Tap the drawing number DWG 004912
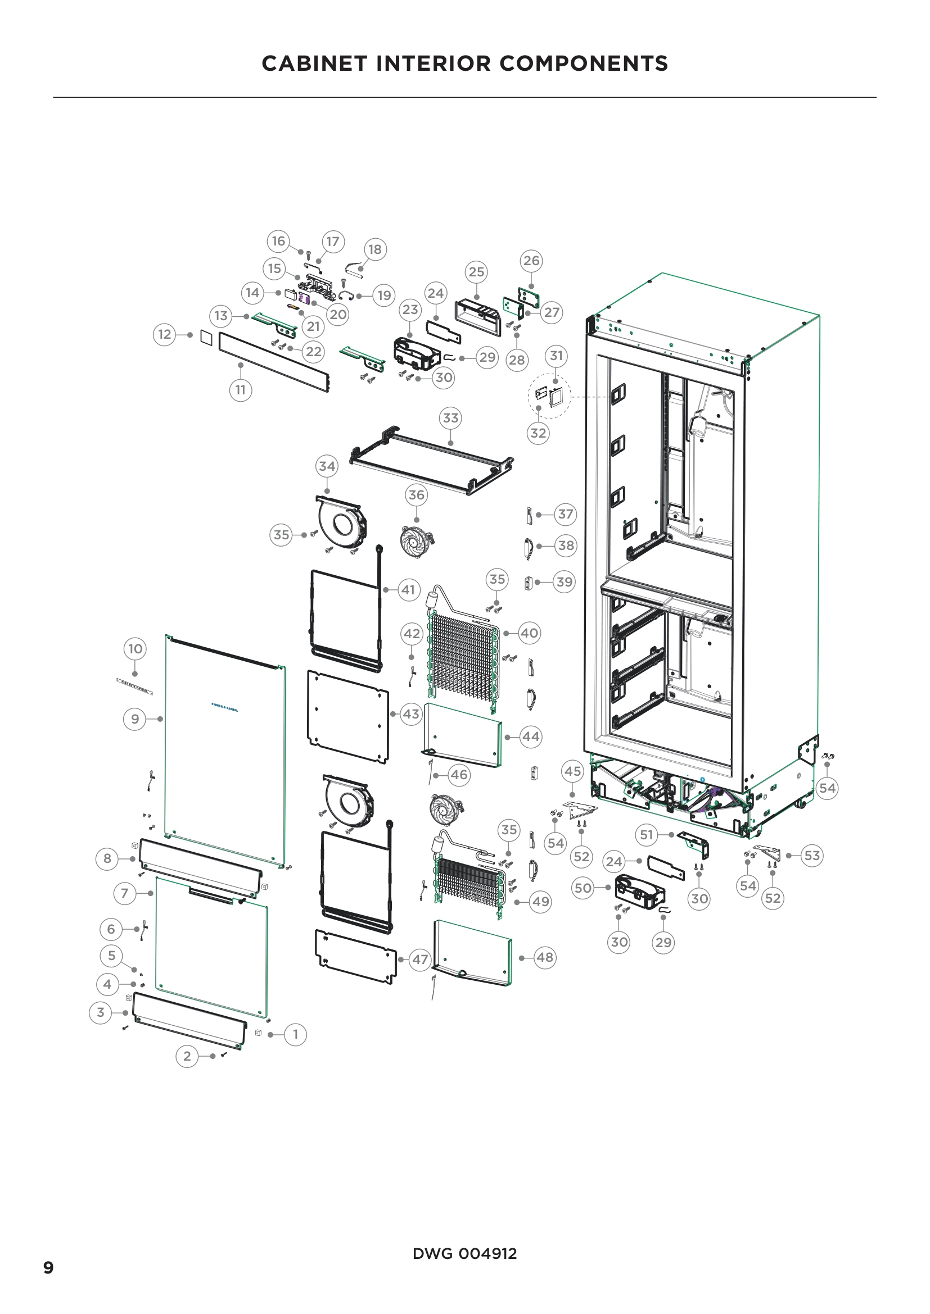(x=464, y=1254)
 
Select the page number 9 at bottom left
(x=49, y=1267)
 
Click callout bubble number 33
(x=451, y=419)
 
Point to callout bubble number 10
(x=135, y=649)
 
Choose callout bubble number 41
(x=408, y=590)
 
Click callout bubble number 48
(x=545, y=957)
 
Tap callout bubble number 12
(x=164, y=334)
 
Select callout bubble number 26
(x=531, y=261)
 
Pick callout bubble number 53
(x=812, y=856)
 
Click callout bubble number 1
(x=296, y=1034)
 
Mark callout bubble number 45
(x=572, y=771)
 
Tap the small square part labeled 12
(x=207, y=338)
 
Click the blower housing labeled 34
(x=342, y=522)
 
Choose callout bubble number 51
(x=647, y=835)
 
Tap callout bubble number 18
(x=375, y=249)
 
